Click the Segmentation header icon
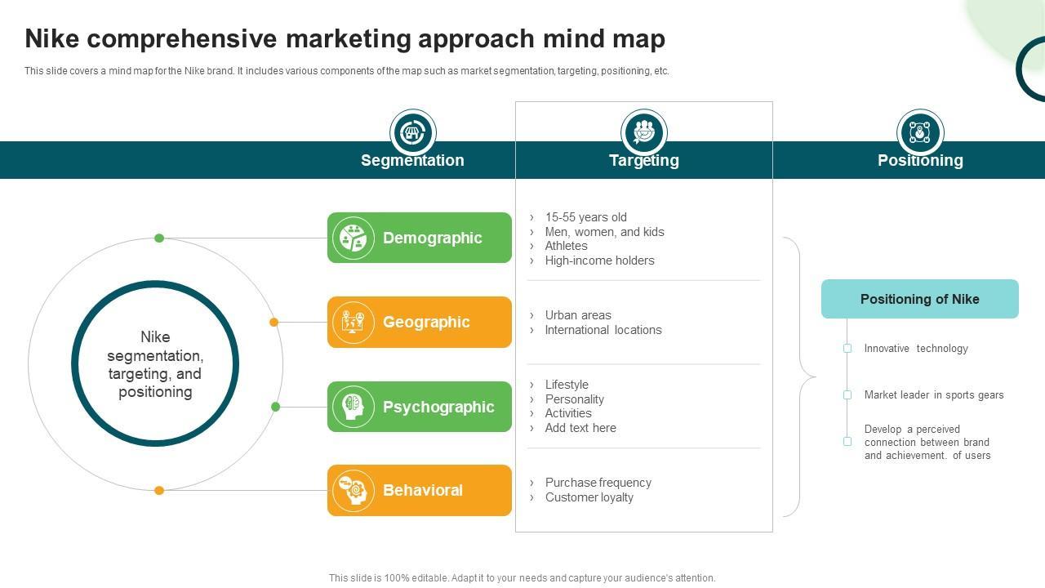point(413,132)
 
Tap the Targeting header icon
point(644,132)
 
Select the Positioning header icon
point(920,132)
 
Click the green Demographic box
point(420,238)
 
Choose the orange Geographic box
point(420,322)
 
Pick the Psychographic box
point(420,407)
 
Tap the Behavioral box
point(420,490)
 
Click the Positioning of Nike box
point(919,299)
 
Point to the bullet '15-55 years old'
point(585,217)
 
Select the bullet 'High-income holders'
point(599,261)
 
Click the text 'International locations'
point(603,330)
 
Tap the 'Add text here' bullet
point(580,428)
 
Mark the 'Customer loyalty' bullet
point(589,497)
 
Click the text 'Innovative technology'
point(916,349)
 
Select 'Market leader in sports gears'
point(934,395)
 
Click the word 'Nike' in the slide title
point(55,39)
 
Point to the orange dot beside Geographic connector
point(274,323)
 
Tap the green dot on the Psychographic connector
point(276,407)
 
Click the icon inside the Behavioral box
point(354,490)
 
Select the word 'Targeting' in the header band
point(643,161)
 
